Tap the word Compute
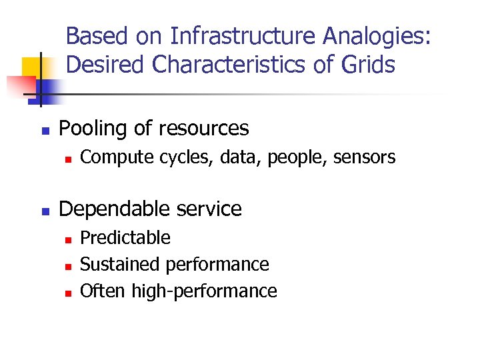[113, 157]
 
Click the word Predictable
[125, 238]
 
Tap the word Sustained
[121, 265]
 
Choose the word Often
[103, 291]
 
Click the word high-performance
[204, 291]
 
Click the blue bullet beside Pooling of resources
[45, 130]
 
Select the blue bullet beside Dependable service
[45, 211]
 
